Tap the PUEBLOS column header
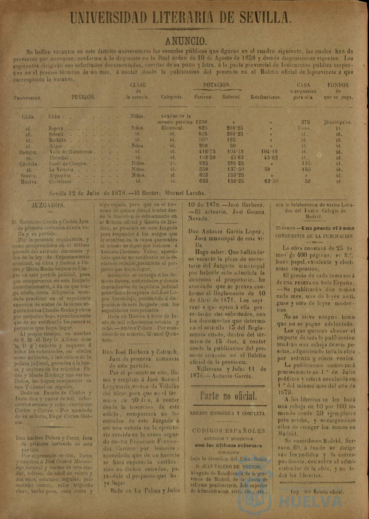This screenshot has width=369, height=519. coord(83,97)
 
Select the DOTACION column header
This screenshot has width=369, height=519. coord(217,85)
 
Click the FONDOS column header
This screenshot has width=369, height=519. coord(338,85)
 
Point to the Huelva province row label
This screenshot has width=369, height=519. coord(30,181)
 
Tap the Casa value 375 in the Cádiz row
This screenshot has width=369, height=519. coord(305,122)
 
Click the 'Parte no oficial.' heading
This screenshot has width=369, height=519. coord(229,396)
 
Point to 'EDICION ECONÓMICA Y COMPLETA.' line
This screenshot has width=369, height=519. coord(229,414)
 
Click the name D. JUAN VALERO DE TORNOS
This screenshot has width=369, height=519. coord(229,467)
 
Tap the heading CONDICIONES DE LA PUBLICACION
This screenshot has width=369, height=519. coord(314,236)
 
